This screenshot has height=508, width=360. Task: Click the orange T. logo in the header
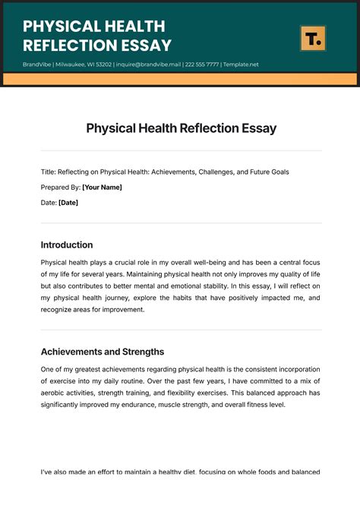pos(312,37)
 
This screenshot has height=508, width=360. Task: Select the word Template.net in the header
pos(241,65)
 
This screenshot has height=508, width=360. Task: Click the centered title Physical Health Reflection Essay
pos(181,128)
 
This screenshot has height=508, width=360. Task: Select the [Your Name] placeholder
pos(102,187)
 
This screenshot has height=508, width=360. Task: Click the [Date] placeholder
pos(68,202)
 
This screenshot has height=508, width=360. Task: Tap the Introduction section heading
pos(67,245)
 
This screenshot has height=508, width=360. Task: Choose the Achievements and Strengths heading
pos(103,352)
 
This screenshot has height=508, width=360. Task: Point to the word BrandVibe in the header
pos(37,65)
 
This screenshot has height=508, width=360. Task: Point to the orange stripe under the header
pos(180,79)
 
